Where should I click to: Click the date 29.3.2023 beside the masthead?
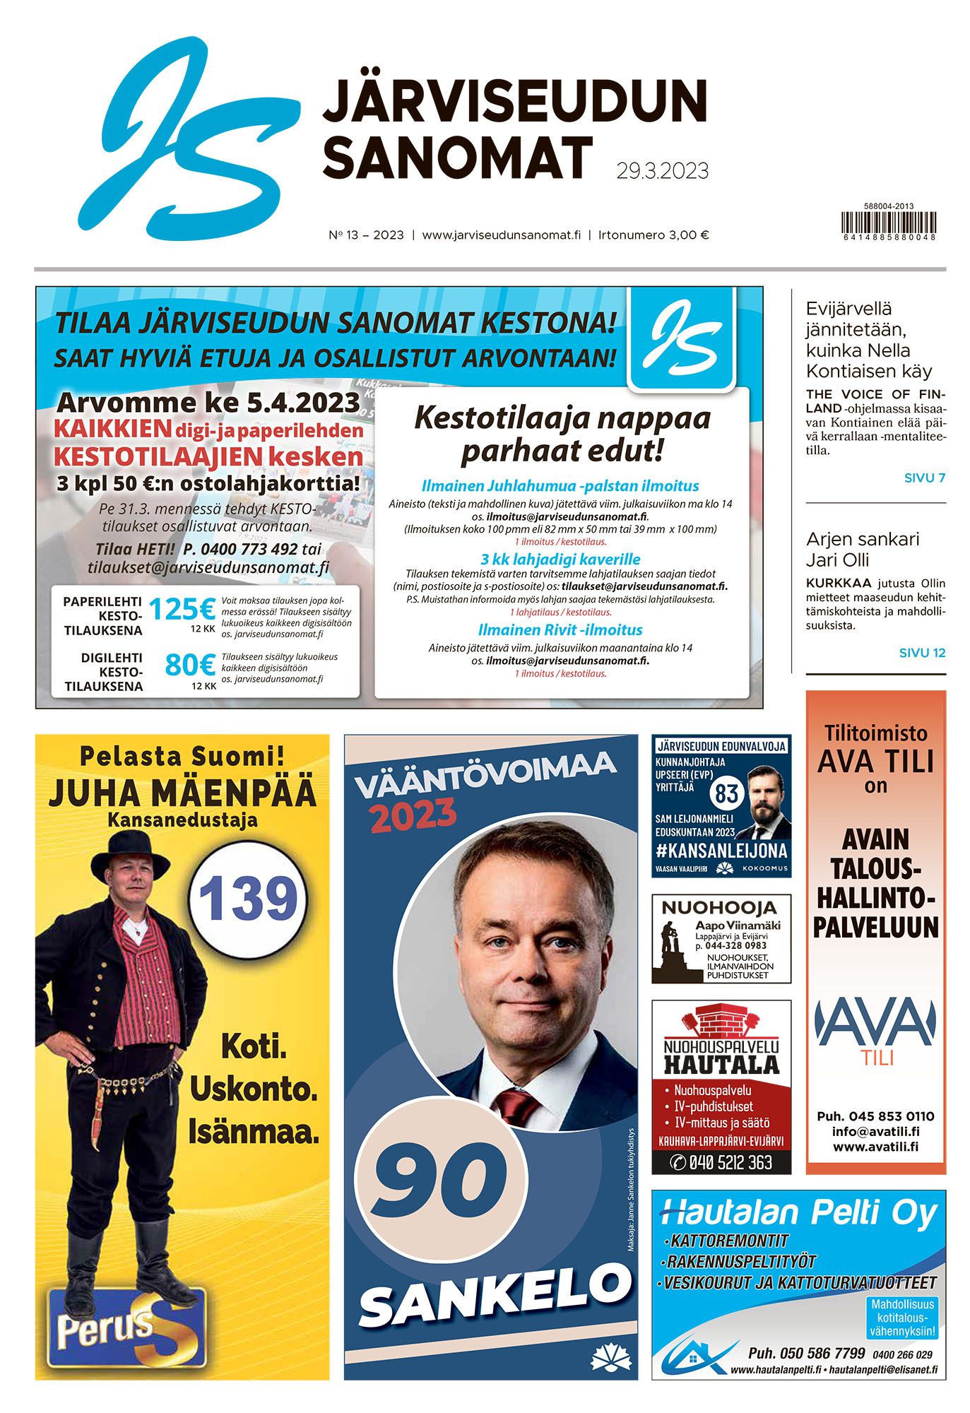coord(662,171)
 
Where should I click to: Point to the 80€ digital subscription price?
coord(189,665)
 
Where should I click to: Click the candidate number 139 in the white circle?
coord(249,898)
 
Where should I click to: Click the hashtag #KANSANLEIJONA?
coord(721,850)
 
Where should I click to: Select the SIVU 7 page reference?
coord(924,478)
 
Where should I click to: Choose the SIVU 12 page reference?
coord(922,653)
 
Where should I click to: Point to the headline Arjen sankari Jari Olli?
coord(863,550)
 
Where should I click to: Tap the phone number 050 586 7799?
coord(806,1353)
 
